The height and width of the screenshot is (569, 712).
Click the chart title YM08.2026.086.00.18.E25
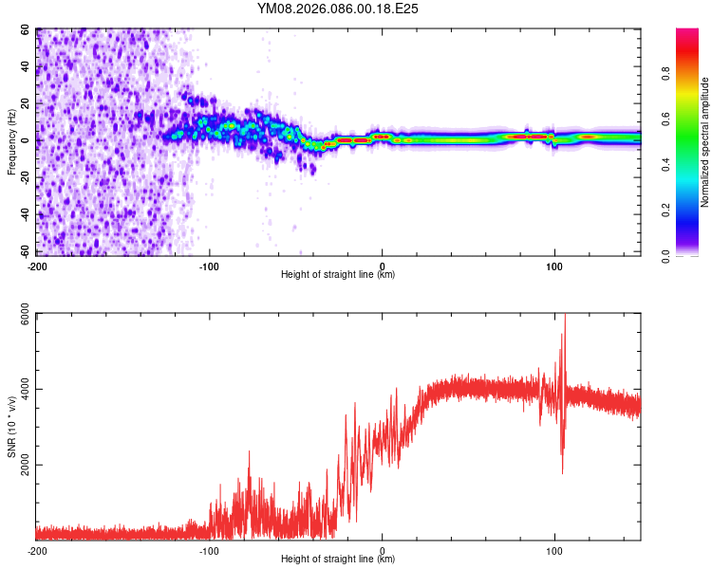[338, 9]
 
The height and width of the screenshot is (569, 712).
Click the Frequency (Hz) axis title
[11, 142]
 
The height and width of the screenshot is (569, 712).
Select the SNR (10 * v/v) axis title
[11, 427]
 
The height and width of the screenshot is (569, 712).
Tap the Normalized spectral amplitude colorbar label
[705, 142]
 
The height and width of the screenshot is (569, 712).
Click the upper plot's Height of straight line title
[338, 274]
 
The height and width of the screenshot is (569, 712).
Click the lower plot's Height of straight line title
[338, 559]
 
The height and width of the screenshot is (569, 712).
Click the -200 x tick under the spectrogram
[37, 266]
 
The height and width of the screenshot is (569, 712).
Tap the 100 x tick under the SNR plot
[554, 550]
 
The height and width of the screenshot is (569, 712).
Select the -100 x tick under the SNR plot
[209, 550]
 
